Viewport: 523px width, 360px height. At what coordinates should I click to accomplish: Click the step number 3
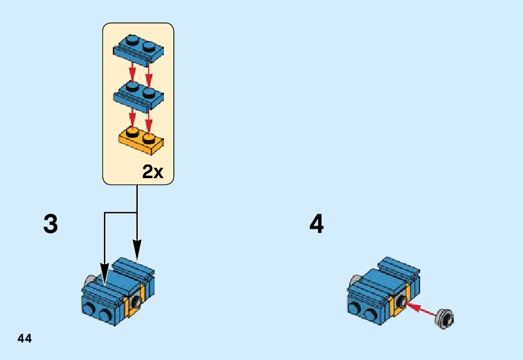click(x=50, y=224)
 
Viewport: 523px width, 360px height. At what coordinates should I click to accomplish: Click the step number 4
click(x=317, y=224)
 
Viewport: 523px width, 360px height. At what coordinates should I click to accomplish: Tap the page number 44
click(x=24, y=338)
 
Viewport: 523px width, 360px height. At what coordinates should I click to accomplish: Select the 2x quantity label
click(x=153, y=172)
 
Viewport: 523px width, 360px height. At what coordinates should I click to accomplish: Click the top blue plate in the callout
click(x=138, y=50)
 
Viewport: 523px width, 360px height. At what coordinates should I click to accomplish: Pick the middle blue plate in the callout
click(x=138, y=96)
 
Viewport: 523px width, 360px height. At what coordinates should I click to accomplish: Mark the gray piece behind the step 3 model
click(x=91, y=281)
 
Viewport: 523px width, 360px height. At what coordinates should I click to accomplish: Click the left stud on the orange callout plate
click(x=132, y=132)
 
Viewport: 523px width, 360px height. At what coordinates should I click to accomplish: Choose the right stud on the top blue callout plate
click(x=148, y=45)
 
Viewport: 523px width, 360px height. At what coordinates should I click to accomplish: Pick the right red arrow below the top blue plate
click(x=148, y=73)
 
